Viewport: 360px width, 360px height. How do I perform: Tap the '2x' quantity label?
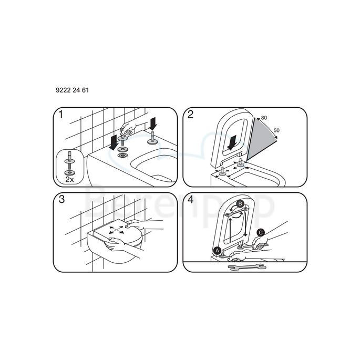pyautogui.click(x=69, y=179)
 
